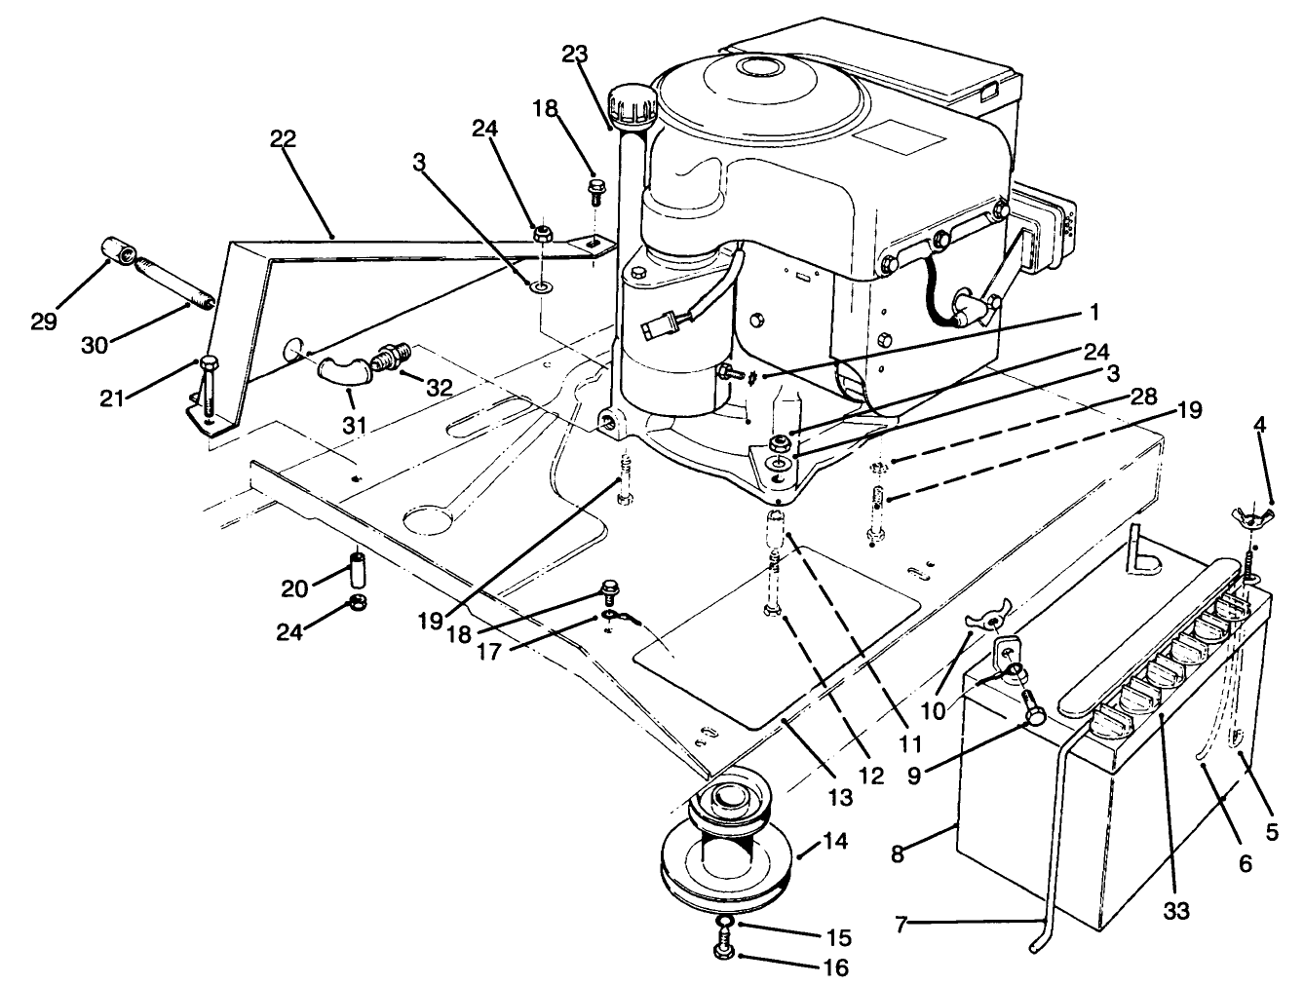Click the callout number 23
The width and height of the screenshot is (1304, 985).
575,56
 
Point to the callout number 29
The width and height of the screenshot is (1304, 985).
44,322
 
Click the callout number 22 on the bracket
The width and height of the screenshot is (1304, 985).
282,138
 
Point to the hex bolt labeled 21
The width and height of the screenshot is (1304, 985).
209,367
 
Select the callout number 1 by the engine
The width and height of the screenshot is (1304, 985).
1093,313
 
